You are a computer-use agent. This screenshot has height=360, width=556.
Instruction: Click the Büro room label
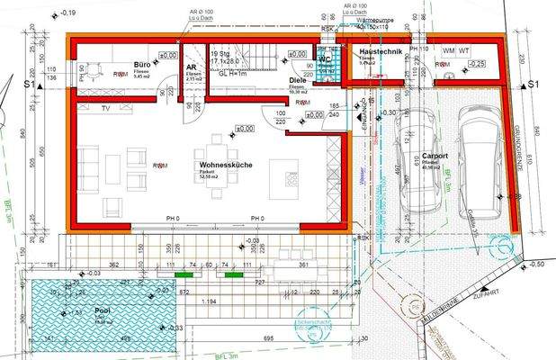coord(141,66)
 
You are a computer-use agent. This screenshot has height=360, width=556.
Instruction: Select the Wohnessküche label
coord(226,166)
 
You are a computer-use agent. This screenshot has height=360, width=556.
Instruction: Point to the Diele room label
coord(298,80)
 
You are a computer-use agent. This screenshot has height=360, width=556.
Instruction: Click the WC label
coord(326,59)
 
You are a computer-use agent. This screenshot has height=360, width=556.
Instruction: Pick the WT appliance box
coord(464,50)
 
